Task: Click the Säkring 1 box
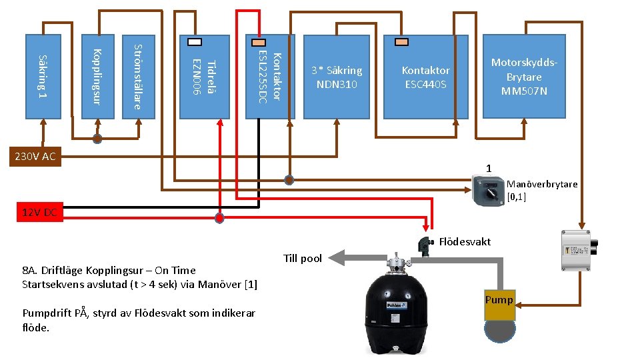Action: [43, 76]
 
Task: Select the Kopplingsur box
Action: [97, 76]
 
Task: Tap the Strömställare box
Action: [138, 76]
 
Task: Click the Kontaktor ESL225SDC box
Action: [270, 76]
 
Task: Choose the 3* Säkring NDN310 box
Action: [336, 76]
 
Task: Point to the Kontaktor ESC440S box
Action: [425, 76]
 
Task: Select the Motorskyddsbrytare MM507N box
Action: [524, 76]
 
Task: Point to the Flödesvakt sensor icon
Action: [423, 245]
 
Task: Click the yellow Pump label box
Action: [499, 300]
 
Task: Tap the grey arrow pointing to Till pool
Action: [360, 257]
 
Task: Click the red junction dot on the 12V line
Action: [219, 218]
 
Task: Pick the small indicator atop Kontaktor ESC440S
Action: [401, 41]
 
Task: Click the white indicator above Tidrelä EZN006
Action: [194, 41]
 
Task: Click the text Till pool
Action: [302, 259]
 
